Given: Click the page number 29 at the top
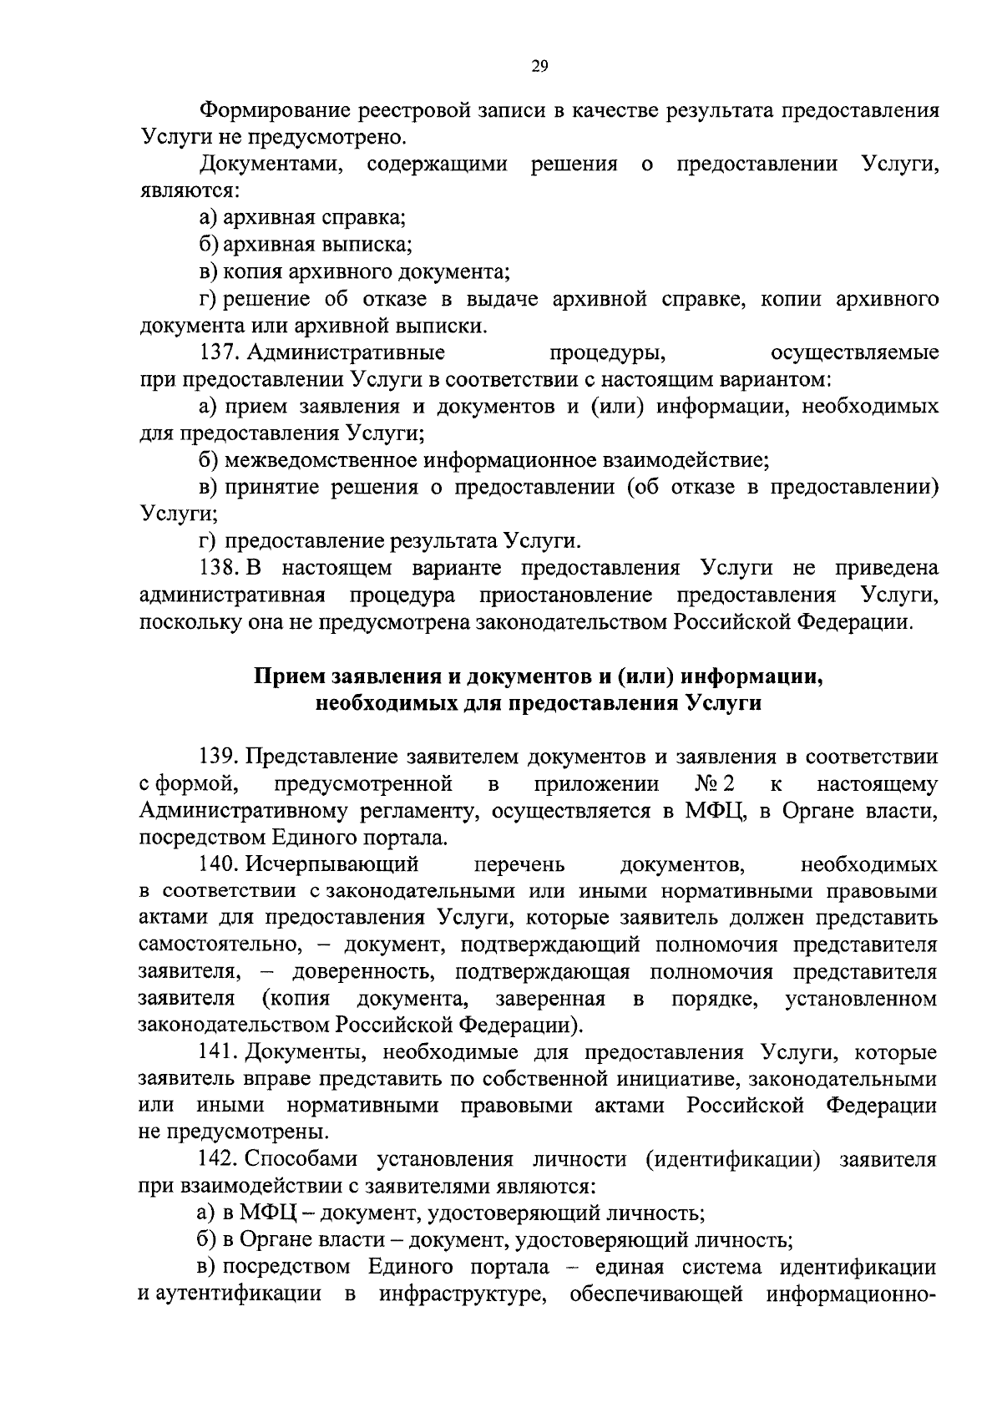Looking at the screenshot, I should coord(539,68).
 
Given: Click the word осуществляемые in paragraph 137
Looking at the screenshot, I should coord(854,352).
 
